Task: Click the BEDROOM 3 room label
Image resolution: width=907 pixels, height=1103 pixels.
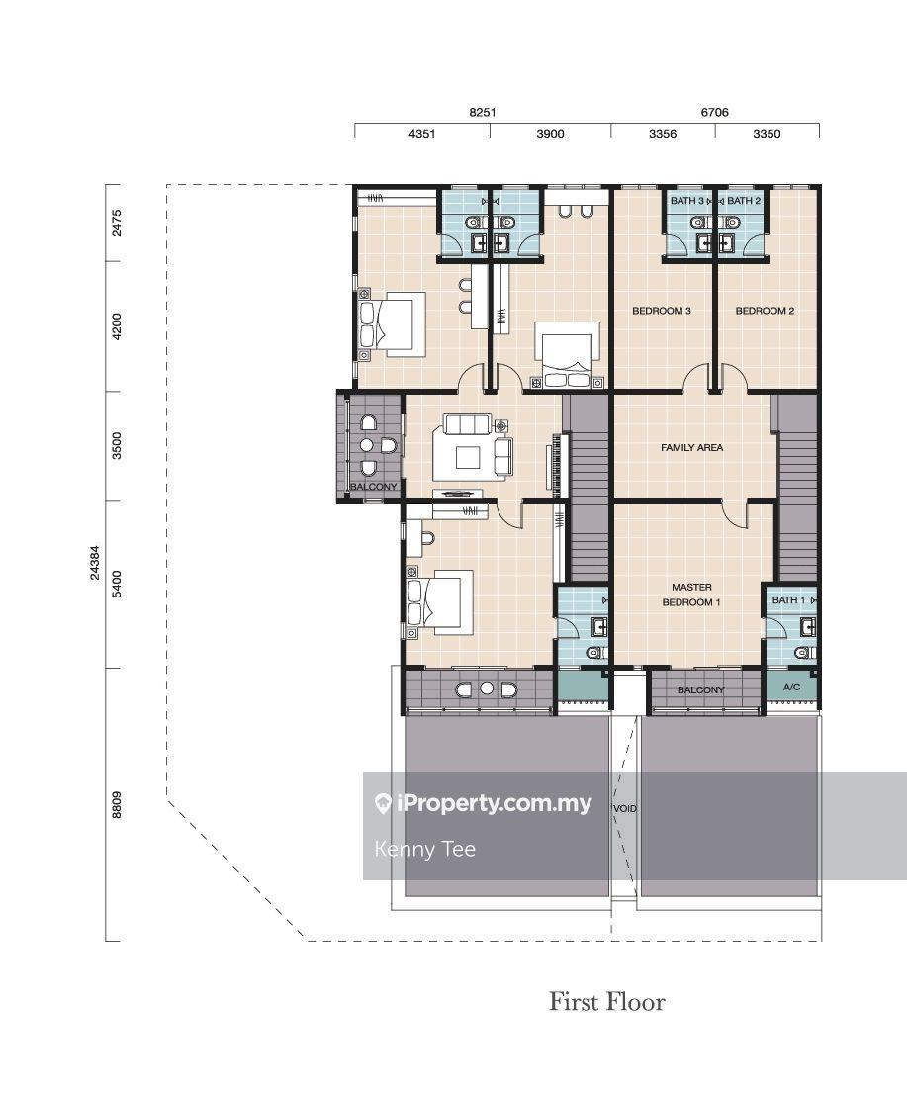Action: click(x=662, y=311)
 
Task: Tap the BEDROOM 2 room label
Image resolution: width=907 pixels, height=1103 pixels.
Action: click(x=765, y=311)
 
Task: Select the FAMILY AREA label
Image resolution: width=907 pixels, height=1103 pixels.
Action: click(x=691, y=447)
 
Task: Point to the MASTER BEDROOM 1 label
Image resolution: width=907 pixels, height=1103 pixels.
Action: click(x=691, y=595)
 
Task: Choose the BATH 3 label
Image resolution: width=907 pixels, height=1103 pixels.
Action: click(x=687, y=201)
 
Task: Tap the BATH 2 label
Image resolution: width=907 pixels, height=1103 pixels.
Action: click(x=744, y=201)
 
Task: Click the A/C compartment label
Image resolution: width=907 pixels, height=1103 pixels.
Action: click(x=791, y=687)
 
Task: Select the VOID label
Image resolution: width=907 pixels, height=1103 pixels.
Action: click(x=625, y=809)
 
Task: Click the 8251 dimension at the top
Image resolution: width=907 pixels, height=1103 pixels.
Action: click(x=483, y=112)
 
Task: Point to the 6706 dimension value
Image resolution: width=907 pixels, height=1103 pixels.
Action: click(x=714, y=112)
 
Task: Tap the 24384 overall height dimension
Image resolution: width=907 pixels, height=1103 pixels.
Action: click(x=95, y=563)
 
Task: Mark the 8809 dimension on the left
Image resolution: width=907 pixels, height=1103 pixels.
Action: click(x=117, y=804)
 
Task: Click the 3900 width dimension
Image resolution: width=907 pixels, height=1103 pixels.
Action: click(x=550, y=134)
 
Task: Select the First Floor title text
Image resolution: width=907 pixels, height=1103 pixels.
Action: click(x=606, y=1002)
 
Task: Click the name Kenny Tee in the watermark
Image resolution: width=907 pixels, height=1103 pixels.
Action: click(x=424, y=849)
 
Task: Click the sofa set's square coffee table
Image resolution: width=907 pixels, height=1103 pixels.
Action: click(x=468, y=458)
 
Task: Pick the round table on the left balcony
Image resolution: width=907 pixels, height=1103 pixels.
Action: click(x=366, y=445)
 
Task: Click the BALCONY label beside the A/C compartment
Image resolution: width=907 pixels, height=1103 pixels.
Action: click(x=700, y=690)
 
